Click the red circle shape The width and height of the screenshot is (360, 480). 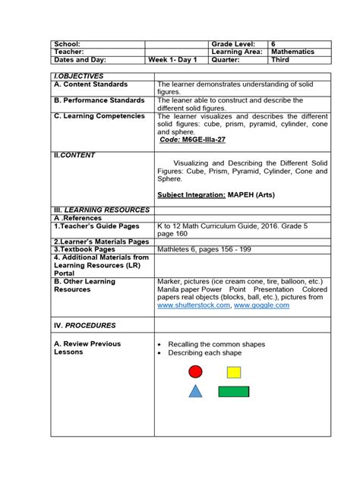point(196,371)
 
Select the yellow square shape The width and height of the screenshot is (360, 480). point(233,372)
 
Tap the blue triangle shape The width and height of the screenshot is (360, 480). point(195,391)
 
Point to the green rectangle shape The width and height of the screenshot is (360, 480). point(233,392)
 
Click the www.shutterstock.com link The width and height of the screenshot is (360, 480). point(193,305)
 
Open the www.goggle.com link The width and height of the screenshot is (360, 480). point(262,305)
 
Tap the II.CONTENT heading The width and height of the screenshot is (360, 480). point(74,155)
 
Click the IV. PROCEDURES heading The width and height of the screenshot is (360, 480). point(84,325)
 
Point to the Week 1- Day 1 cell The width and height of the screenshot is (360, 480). point(172,59)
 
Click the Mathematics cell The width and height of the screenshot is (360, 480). point(299,52)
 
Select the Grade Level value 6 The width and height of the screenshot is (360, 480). point(274,44)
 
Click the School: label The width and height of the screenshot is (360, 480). point(68,44)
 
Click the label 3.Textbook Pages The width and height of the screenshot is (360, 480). point(84,249)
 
